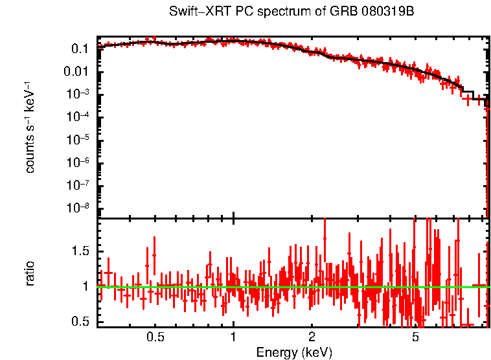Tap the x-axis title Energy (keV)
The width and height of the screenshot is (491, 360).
tap(293, 352)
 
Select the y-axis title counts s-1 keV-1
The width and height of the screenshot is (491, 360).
tap(30, 127)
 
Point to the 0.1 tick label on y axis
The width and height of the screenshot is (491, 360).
tap(80, 49)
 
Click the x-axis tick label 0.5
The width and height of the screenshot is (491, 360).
tap(155, 337)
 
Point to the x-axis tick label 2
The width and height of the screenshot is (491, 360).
tap(312, 337)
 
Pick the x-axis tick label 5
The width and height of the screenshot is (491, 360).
tap(415, 337)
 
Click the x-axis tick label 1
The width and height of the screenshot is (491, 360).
tap(233, 337)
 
